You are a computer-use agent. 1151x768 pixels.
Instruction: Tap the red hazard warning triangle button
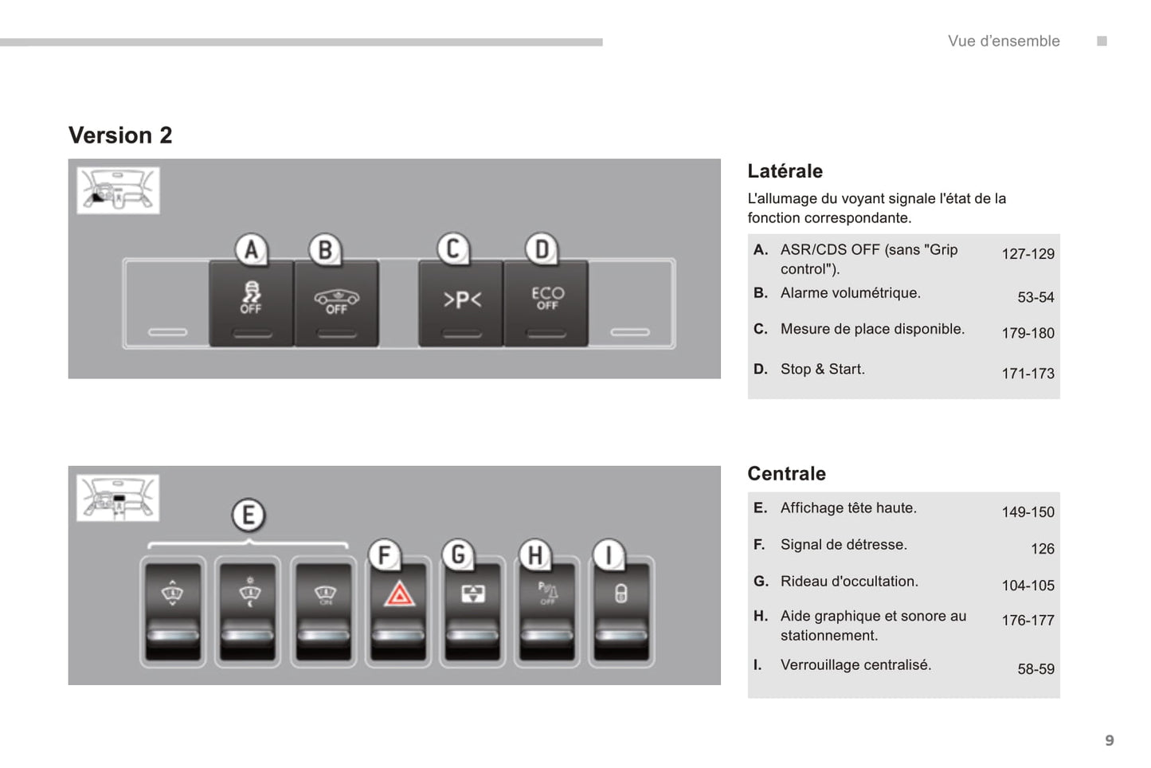[399, 610]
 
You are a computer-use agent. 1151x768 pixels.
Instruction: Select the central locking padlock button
[621, 610]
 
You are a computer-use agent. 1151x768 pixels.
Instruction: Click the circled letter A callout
[251, 249]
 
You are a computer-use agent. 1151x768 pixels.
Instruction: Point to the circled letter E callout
[249, 515]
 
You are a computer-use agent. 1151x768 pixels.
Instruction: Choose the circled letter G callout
[458, 554]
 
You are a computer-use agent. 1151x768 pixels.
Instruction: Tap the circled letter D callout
[542, 249]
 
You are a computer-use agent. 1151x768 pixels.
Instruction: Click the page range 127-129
[1028, 254]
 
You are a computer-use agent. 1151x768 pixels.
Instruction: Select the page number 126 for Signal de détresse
[1042, 549]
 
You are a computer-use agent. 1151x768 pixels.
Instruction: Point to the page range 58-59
[1036, 669]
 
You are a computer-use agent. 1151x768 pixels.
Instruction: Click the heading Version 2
[120, 135]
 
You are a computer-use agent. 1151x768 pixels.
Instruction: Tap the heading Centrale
[786, 474]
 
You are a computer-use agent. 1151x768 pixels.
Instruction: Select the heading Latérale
[785, 171]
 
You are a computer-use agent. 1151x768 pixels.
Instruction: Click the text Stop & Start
[822, 369]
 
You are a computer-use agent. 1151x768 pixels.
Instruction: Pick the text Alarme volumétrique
[850, 293]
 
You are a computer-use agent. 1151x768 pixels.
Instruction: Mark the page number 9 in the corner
[1109, 741]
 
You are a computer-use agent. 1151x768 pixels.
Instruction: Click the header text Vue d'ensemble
[1004, 41]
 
